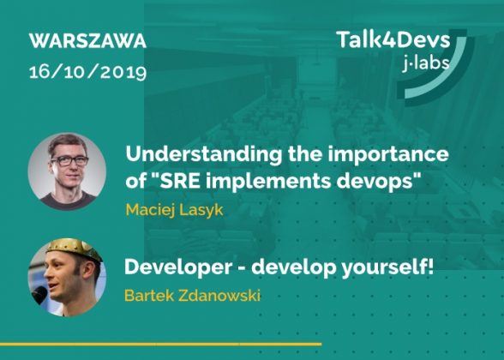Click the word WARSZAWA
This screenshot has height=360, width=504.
(x=87, y=41)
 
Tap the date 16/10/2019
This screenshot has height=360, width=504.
(x=87, y=72)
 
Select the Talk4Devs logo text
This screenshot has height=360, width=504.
(x=393, y=39)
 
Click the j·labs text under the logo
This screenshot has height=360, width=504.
(x=426, y=63)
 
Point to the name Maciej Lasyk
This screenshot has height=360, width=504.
(x=174, y=210)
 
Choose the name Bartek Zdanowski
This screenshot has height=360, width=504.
(x=192, y=296)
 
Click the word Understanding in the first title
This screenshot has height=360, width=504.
(x=203, y=155)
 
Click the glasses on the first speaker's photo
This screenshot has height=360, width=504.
(x=69, y=160)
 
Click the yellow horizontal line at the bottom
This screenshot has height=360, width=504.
(x=161, y=344)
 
